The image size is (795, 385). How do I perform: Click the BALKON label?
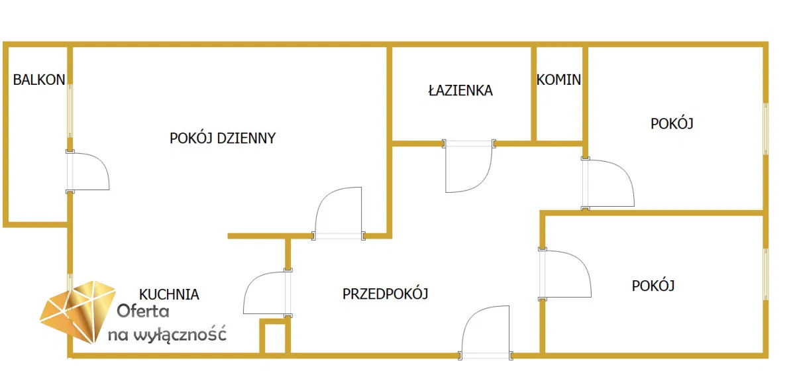39,80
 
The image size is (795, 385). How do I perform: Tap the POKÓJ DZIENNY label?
223,138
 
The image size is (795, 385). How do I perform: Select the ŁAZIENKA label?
460,90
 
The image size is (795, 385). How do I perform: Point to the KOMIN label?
558,80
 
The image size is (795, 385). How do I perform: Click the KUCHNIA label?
169,294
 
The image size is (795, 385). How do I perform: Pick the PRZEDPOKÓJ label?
386,294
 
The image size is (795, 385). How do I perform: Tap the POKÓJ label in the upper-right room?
672,123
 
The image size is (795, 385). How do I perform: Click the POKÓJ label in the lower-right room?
653,286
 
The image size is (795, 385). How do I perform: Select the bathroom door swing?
468,166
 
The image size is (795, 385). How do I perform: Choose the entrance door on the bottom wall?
485,333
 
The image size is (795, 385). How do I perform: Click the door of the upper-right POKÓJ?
608,183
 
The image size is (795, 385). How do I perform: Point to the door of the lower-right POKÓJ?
564,274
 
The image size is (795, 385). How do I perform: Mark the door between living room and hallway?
339,213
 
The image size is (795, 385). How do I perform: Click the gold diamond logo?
78,312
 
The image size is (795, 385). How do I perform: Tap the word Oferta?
143,311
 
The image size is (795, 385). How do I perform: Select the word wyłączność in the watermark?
180,334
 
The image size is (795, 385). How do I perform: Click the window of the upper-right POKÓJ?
766,129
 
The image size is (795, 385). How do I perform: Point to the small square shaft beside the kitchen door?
275,337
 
